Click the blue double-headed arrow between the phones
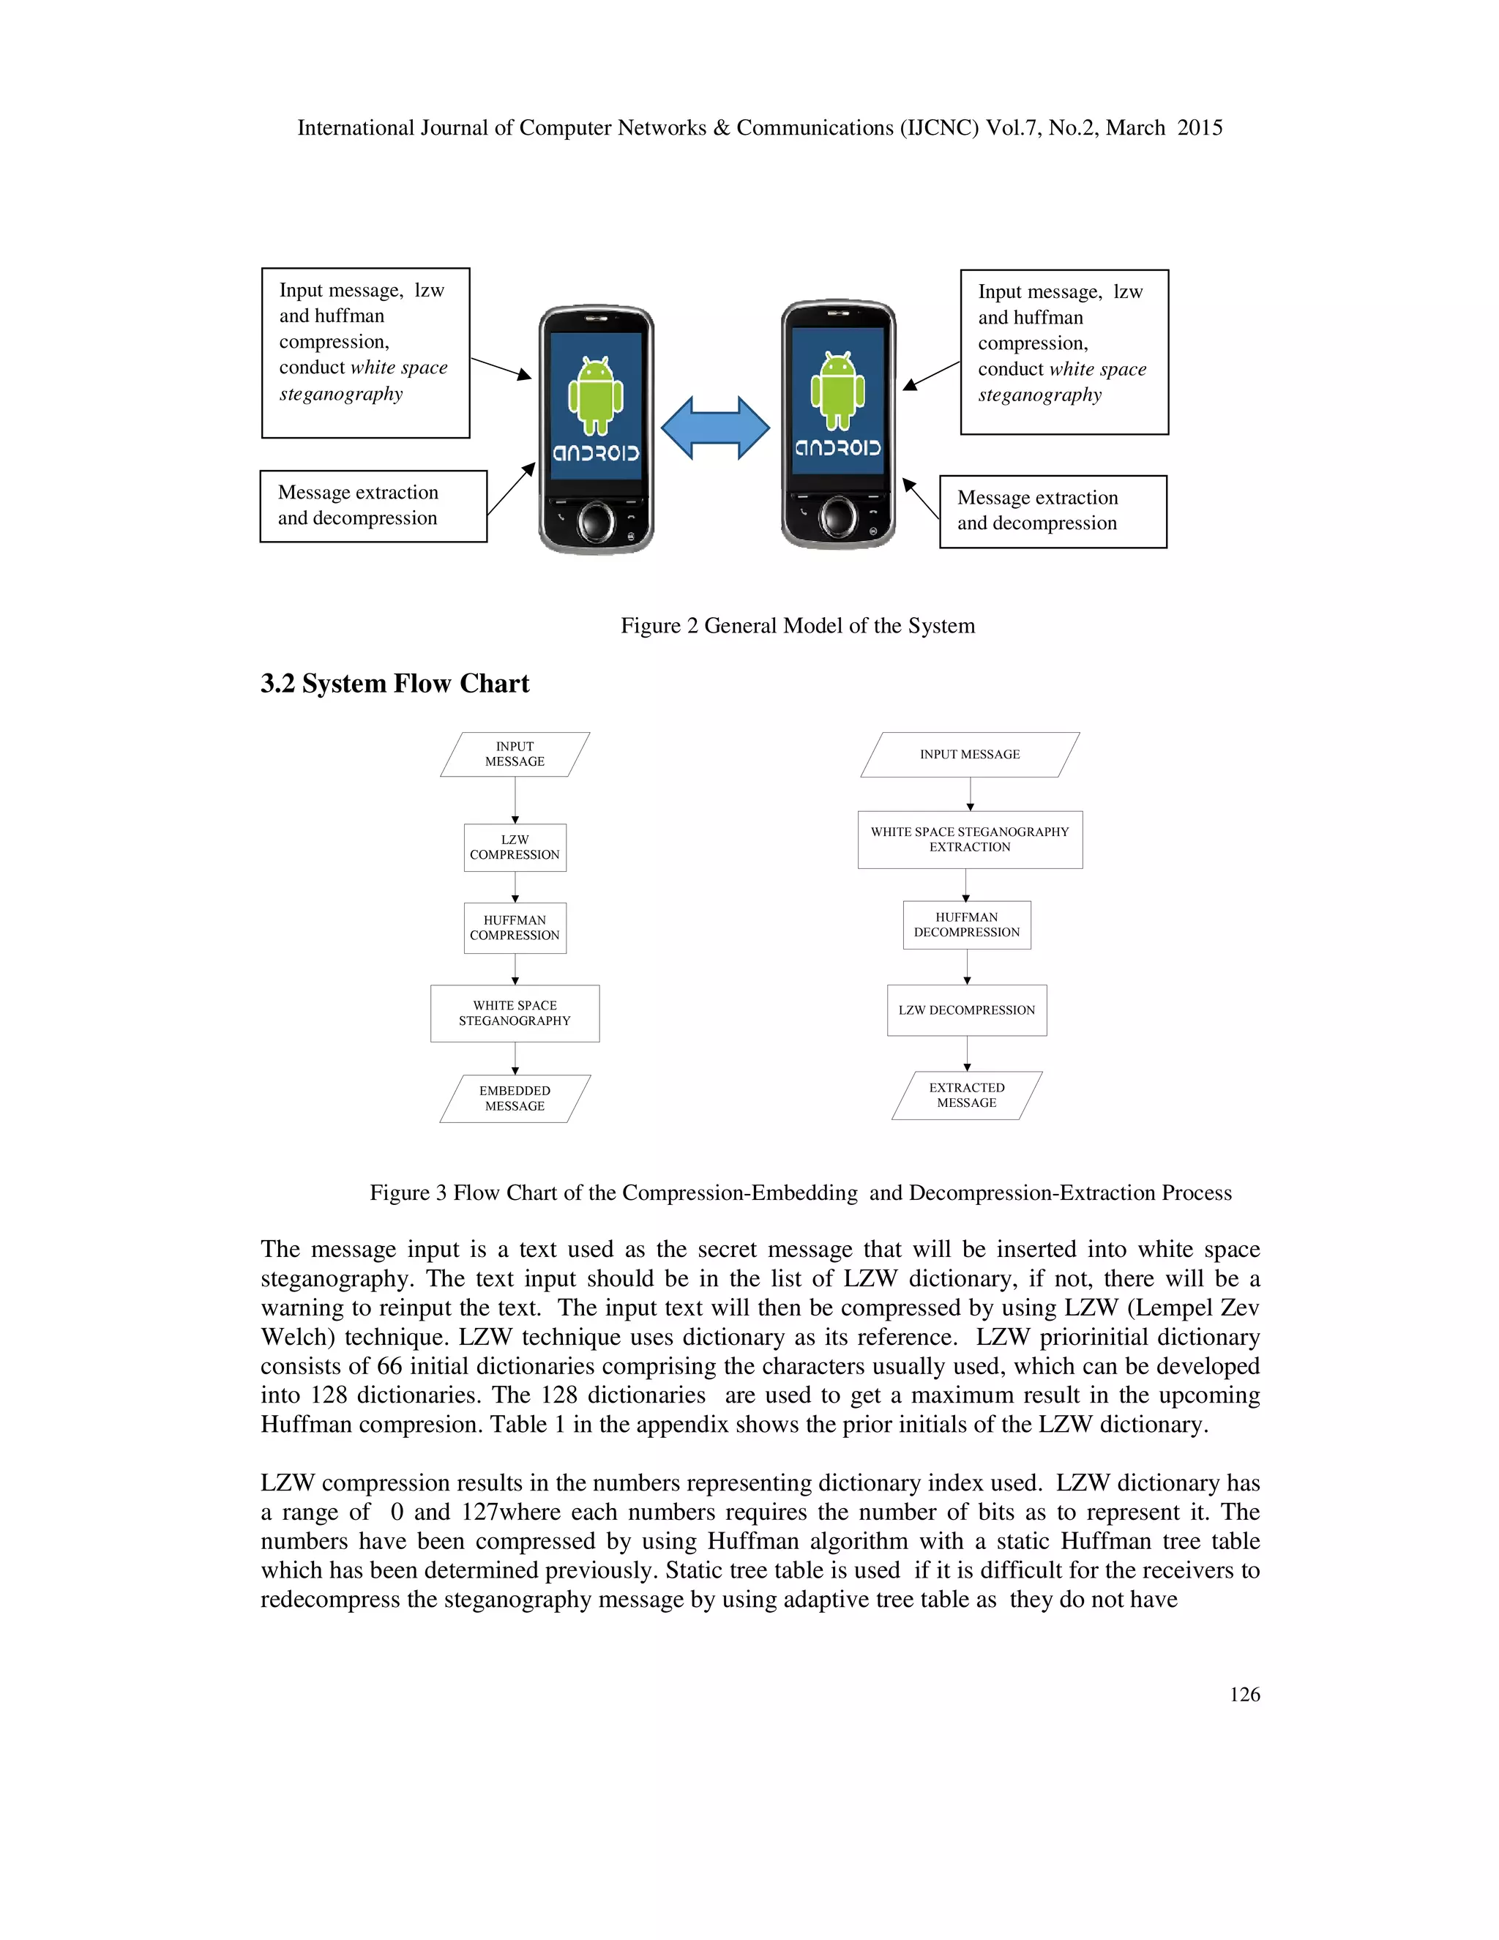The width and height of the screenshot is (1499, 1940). pos(715,428)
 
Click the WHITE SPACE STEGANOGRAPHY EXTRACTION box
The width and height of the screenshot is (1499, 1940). pos(970,840)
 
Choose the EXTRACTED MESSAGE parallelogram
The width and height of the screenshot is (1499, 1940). pos(966,1095)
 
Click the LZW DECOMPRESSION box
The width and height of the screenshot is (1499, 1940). pos(966,1010)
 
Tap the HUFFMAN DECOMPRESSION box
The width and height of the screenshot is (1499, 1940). pos(966,925)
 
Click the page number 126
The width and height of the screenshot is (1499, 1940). pos(1244,1695)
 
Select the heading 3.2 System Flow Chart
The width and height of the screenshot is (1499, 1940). pos(395,683)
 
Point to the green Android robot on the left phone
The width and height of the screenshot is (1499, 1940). pos(596,395)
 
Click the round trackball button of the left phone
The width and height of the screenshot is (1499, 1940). pos(596,521)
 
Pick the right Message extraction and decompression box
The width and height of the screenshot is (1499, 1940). pos(1053,511)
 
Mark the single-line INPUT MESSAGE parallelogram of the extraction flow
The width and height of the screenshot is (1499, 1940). pos(970,754)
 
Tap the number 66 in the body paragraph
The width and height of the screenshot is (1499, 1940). pos(389,1366)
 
